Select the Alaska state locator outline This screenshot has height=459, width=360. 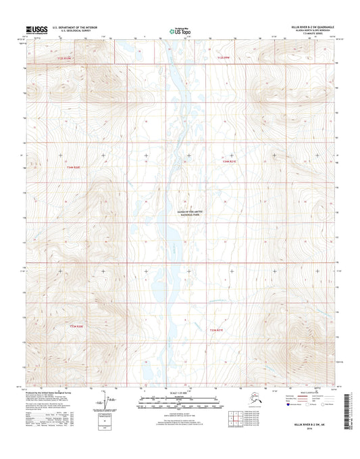(x=244, y=403)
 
